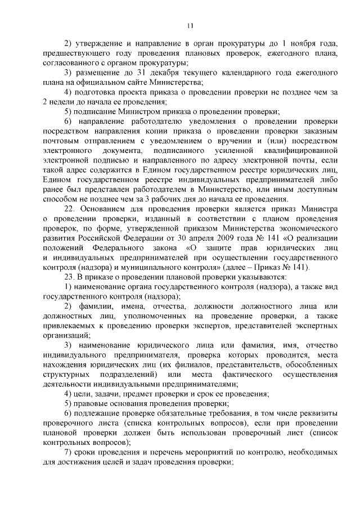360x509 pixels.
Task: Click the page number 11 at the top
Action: (x=190, y=25)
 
